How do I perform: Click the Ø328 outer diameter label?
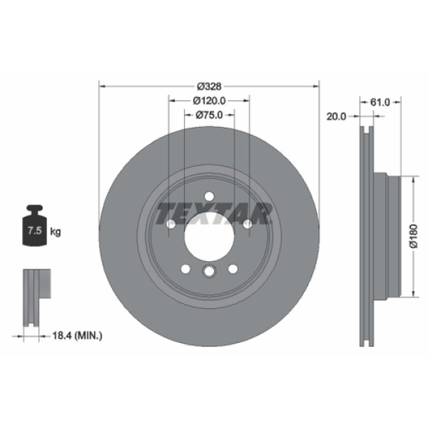pos(209,86)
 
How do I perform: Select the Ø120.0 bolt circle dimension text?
pos(209,101)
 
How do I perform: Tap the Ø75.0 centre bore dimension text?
pos(209,115)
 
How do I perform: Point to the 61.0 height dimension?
pos(380,102)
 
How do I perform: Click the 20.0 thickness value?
pos(336,116)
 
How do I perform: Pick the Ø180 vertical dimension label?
pos(414,236)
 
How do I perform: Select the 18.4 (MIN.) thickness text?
pos(77,335)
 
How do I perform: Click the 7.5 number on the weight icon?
pos(35,230)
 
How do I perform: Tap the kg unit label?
pos(56,232)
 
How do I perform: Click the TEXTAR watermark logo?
pos(214,214)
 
